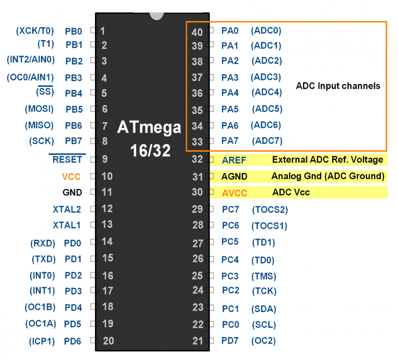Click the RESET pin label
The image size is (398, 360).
pyautogui.click(x=67, y=159)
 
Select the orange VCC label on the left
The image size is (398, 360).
pyautogui.click(x=71, y=176)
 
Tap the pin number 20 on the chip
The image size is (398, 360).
pyautogui.click(x=108, y=341)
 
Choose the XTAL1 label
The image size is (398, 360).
pyautogui.click(x=67, y=225)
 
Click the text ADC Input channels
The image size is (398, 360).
pyautogui.click(x=338, y=86)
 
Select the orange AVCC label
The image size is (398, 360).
pyautogui.click(x=235, y=193)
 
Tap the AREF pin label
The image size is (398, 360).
pyautogui.click(x=234, y=160)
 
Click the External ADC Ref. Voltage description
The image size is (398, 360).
pyautogui.click(x=327, y=159)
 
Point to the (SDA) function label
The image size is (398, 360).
pyautogui.click(x=264, y=309)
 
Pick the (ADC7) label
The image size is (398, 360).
pyautogui.click(x=267, y=141)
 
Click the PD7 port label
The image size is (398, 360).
pyautogui.click(x=230, y=341)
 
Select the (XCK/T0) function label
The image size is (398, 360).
pyautogui.click(x=35, y=31)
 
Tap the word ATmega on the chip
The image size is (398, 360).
pyautogui.click(x=149, y=127)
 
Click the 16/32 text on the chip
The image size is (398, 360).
pyautogui.click(x=150, y=151)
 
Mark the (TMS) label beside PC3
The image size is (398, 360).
pyautogui.click(x=264, y=276)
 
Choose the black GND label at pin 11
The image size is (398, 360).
pyautogui.click(x=72, y=192)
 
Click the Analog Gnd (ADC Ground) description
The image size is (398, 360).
pyautogui.click(x=327, y=176)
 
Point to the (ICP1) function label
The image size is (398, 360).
pyautogui.click(x=42, y=341)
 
